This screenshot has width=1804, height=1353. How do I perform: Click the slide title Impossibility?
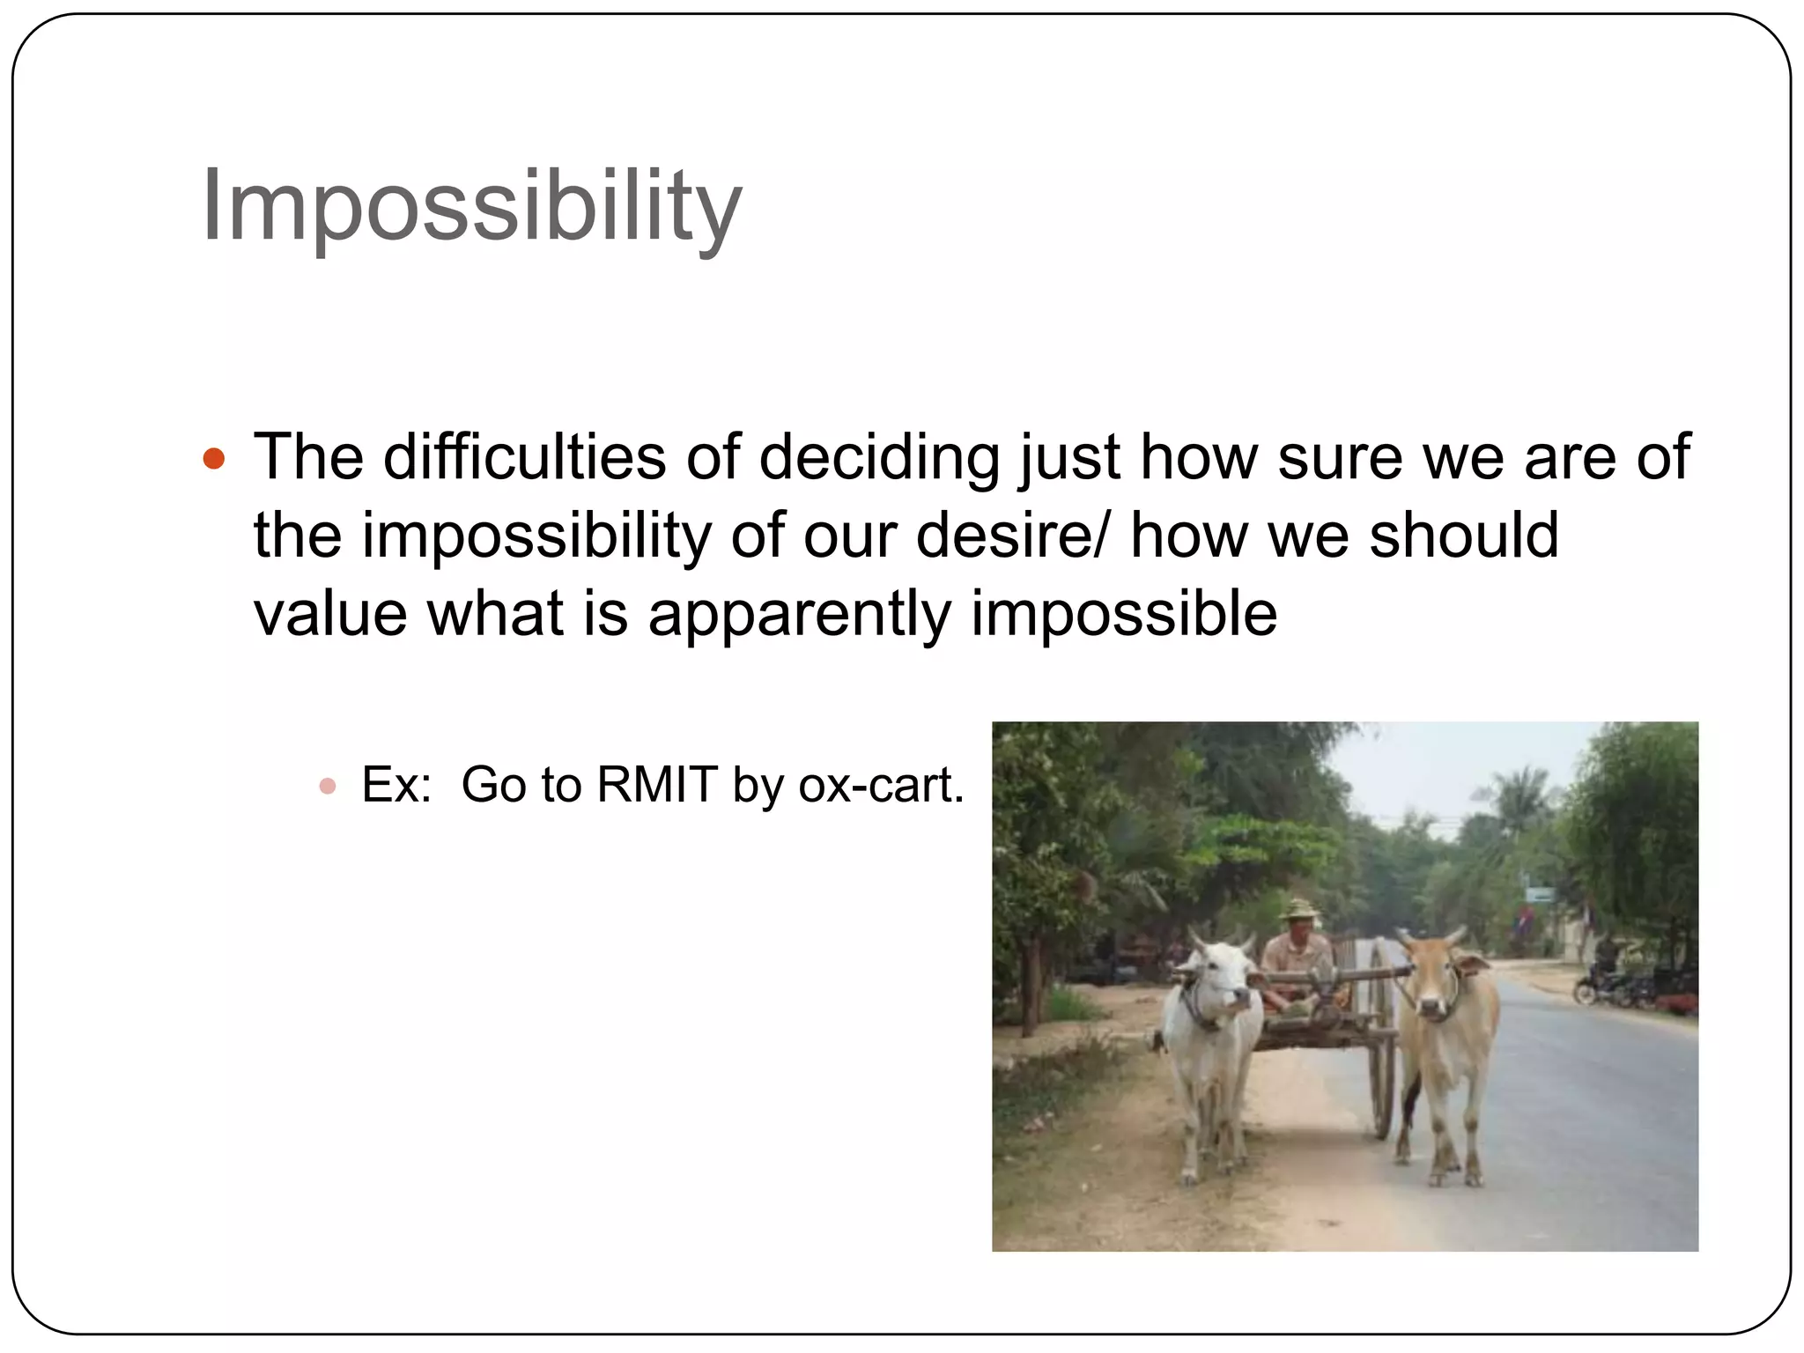tap(471, 207)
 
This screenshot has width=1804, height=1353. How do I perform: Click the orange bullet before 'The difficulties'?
tap(214, 459)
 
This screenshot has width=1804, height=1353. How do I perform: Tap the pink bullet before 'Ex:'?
tap(328, 786)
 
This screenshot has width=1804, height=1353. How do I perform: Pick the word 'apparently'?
tap(799, 614)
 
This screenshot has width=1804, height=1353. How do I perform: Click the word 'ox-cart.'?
tap(881, 785)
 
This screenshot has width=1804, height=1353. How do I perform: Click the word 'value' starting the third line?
tap(330, 614)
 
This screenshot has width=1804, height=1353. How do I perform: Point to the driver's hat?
tap(1297, 908)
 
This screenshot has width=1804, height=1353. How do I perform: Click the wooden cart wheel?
tap(1383, 1039)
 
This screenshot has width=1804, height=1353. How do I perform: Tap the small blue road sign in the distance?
tap(1539, 895)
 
